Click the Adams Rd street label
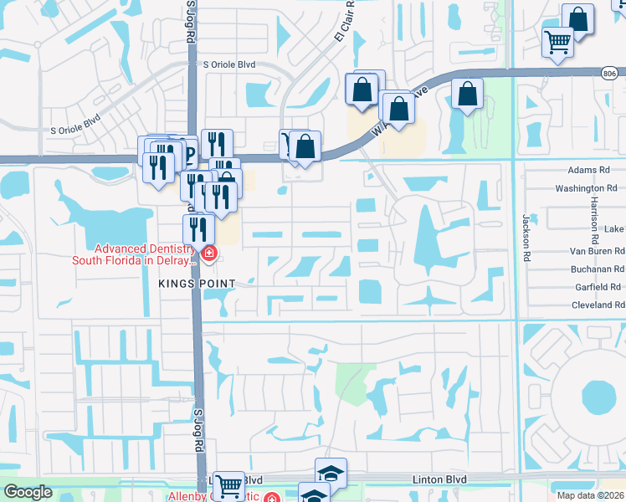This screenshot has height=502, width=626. coord(588,170)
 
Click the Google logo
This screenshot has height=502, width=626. coord(28,492)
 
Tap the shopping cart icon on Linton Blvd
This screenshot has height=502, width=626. coord(228,486)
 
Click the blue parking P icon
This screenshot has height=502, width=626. coord(188,152)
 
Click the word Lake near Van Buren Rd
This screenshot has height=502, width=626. coord(614,229)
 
